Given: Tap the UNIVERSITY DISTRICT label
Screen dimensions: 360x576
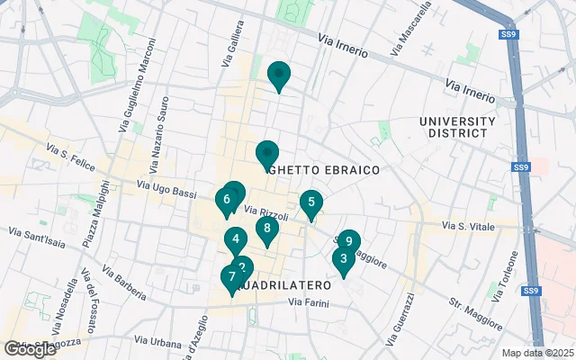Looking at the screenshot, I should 457,128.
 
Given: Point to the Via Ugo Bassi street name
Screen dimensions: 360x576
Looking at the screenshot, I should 166,187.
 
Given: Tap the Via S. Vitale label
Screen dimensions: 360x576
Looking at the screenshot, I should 467,226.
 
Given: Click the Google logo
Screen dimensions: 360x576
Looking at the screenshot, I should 30,348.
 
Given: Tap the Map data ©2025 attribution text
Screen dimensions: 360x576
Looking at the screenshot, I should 536,353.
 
